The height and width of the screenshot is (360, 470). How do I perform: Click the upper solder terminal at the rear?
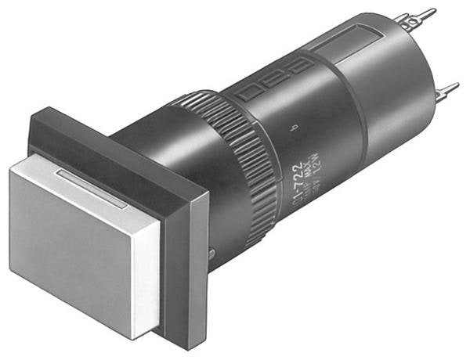tap(419, 20)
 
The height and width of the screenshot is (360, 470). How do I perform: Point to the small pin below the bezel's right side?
tap(214, 252)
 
